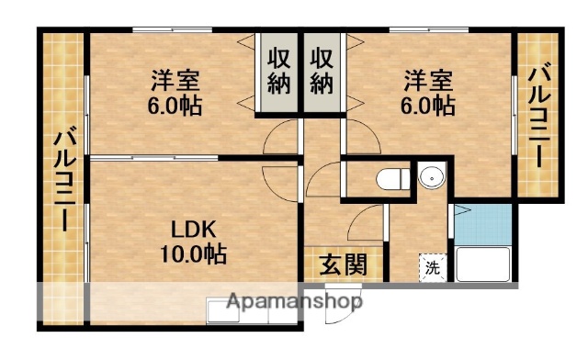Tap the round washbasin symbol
click(x=430, y=177)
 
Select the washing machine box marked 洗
click(x=431, y=267)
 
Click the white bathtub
click(x=483, y=264)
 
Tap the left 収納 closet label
click(x=280, y=71)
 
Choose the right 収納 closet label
click(x=321, y=71)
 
